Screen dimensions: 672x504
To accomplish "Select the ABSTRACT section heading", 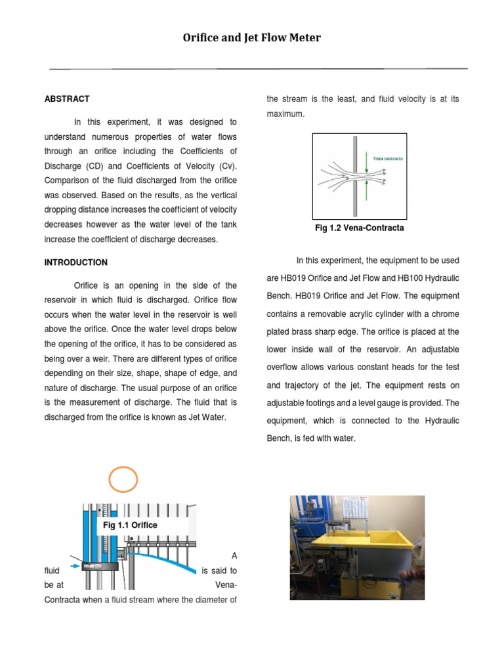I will [67, 99].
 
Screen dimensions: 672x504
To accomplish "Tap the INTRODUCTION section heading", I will [75, 262].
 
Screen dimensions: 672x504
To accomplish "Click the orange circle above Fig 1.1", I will [123, 479].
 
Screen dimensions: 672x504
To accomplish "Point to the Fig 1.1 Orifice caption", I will [130, 525].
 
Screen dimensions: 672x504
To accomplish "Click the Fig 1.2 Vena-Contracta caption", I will [359, 228].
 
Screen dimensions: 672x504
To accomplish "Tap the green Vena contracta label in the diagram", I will [388, 158].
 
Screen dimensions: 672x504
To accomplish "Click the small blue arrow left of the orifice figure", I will [75, 565].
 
